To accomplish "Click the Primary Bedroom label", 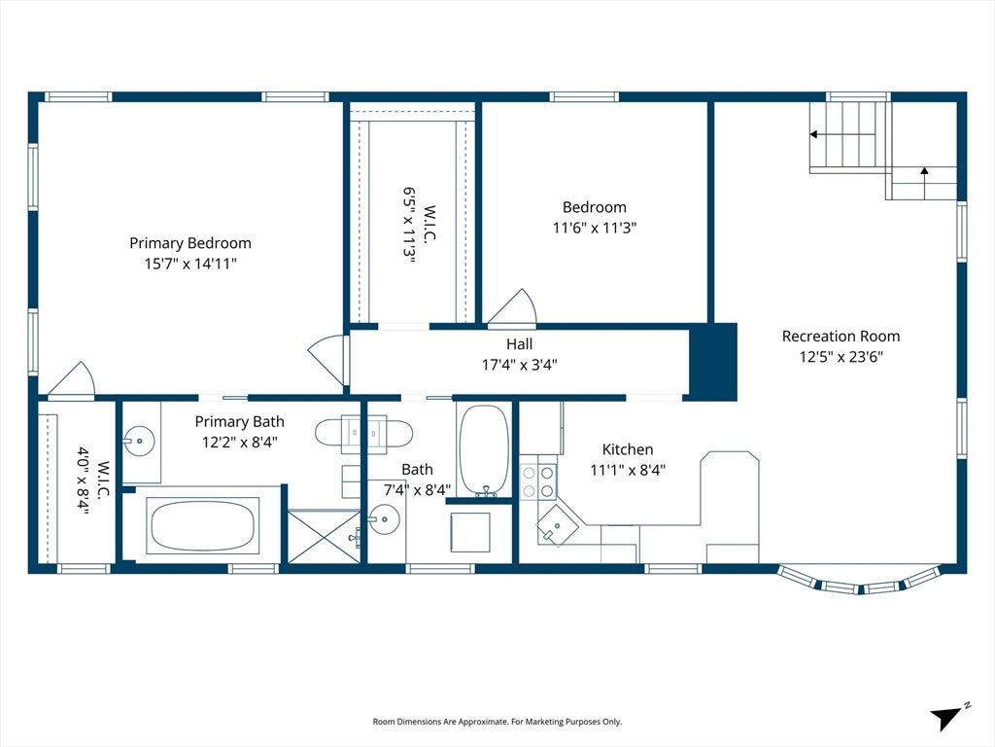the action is [190, 242].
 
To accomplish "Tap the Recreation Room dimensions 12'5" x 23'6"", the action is [841, 356].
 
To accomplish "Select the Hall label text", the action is [519, 344].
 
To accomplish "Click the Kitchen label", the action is [628, 449].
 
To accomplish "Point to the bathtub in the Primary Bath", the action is [203, 525].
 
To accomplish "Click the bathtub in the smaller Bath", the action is [484, 450].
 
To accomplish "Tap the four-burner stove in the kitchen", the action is [538, 481].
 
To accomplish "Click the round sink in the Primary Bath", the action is [138, 440].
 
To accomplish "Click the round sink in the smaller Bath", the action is [385, 520].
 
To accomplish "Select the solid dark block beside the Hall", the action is [713, 362].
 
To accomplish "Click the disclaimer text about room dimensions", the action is [497, 722].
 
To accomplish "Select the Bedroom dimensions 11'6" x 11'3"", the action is [595, 228].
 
